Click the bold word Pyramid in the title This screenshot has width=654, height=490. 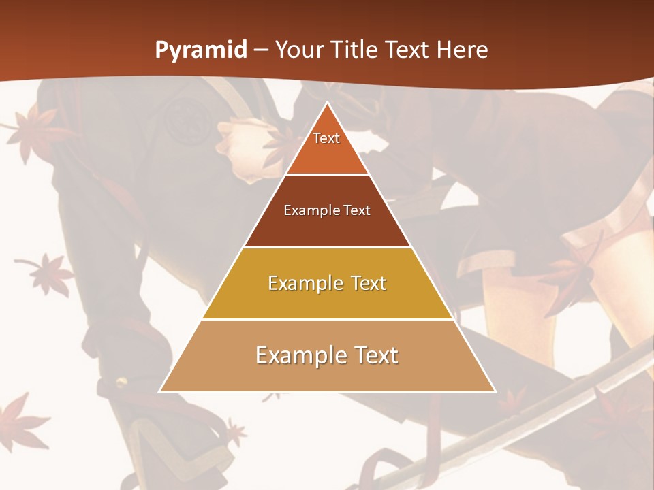click(201, 50)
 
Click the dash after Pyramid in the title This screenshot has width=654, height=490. click(261, 50)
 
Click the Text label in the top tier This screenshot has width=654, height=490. click(326, 138)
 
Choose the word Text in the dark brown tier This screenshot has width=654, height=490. click(357, 210)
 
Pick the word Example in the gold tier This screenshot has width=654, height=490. click(303, 283)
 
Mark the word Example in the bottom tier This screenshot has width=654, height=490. click(298, 355)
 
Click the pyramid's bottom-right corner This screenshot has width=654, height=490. click(495, 391)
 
